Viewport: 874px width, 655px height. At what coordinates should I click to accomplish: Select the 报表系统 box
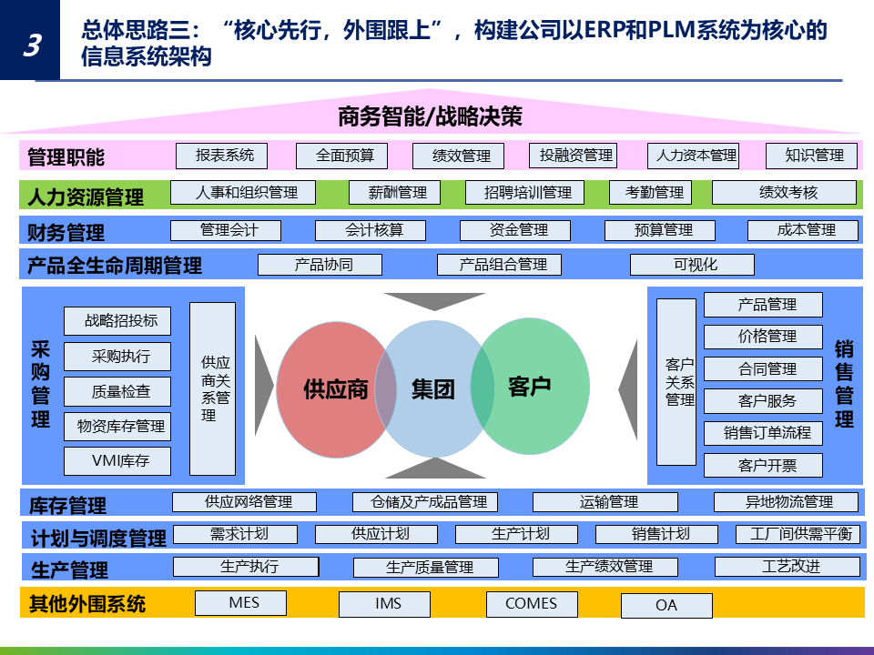click(x=221, y=156)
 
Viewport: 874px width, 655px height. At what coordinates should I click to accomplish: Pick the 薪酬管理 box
click(x=394, y=193)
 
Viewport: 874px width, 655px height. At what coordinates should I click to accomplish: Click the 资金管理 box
click(x=516, y=230)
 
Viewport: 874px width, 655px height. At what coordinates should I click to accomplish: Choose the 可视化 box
click(x=692, y=265)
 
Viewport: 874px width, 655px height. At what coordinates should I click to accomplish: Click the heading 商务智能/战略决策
click(x=430, y=117)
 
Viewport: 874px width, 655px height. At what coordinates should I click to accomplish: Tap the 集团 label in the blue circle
click(x=433, y=389)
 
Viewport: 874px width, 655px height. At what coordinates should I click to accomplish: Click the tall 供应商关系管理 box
click(x=213, y=388)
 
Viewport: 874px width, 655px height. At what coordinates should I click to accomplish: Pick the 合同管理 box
click(x=763, y=368)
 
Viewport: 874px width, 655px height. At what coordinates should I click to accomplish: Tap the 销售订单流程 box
click(x=763, y=433)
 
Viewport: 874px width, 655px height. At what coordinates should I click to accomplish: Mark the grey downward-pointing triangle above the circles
click(x=435, y=301)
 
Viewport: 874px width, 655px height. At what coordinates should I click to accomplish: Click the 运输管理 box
click(x=605, y=502)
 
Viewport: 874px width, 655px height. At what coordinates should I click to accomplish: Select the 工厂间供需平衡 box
click(x=798, y=534)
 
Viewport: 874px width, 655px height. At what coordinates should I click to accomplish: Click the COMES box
click(x=531, y=603)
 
